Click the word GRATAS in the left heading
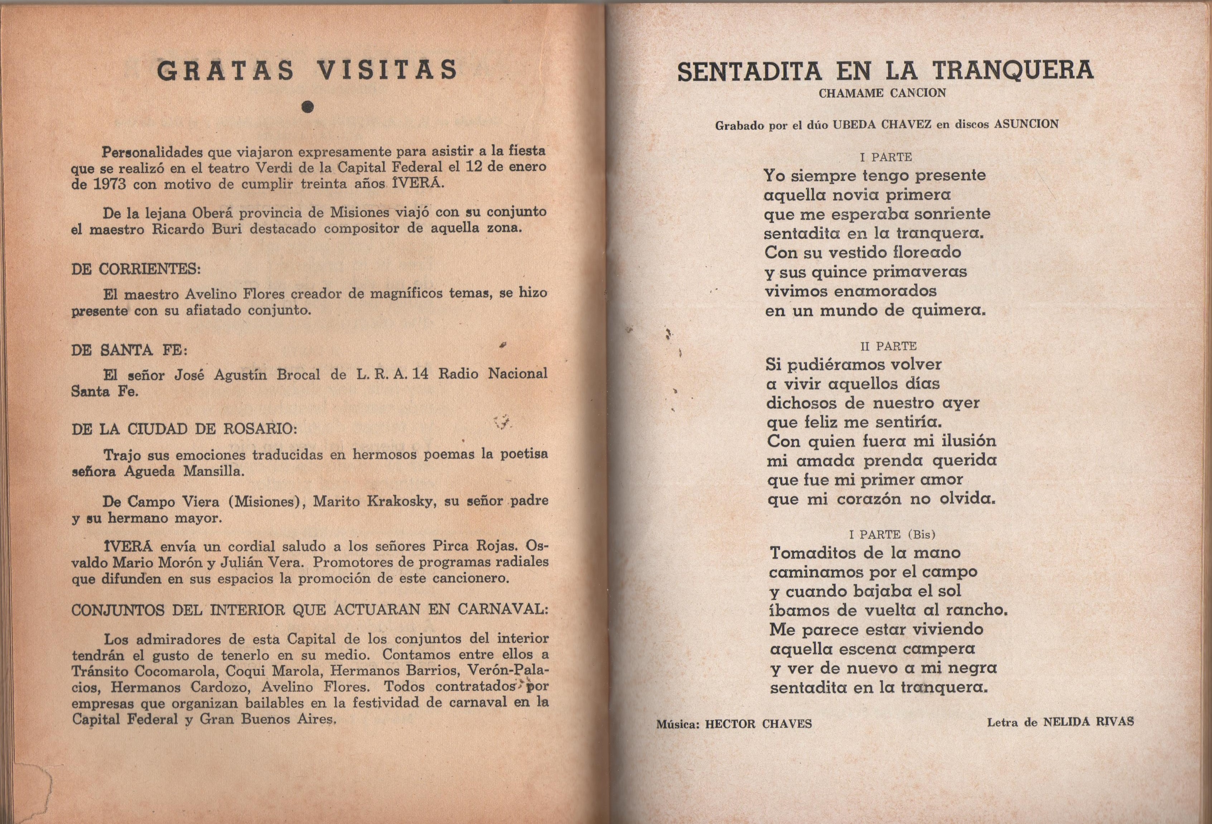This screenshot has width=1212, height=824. coord(225,71)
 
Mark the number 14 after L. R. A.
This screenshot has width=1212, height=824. coord(420,374)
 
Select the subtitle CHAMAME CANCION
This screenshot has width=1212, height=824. coord(882,94)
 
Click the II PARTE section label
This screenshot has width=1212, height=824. coord(888,346)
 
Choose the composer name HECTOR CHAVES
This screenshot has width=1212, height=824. coord(758,724)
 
